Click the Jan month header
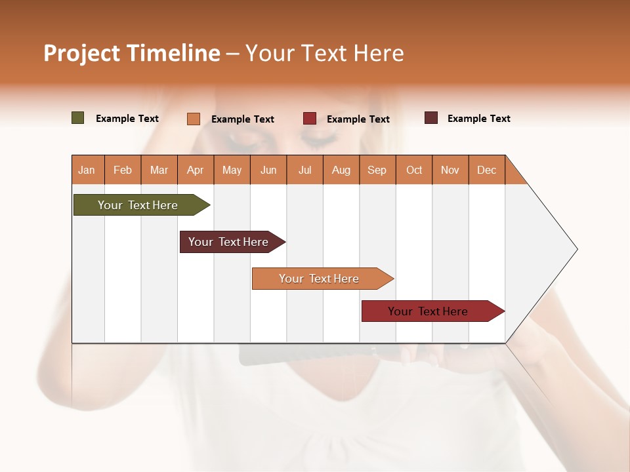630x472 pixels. (87, 170)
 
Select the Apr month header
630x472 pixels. (195, 170)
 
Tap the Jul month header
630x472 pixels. (304, 170)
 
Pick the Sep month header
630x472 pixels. (377, 170)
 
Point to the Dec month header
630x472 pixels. (486, 170)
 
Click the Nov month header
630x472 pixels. (450, 170)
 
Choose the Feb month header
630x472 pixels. (123, 170)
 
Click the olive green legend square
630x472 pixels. (77, 118)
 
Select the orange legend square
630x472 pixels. (193, 119)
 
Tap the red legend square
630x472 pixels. (309, 119)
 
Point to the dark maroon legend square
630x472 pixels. (430, 118)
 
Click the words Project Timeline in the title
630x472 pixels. (131, 53)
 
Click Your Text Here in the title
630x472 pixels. (324, 53)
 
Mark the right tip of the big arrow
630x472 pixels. (576, 249)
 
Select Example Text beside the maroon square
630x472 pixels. (478, 119)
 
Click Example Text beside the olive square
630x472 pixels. (127, 119)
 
